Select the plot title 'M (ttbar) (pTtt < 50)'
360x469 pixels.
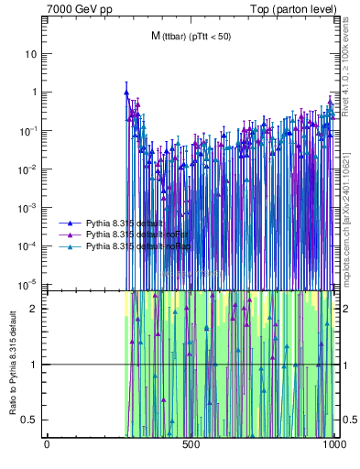pos(191,36)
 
